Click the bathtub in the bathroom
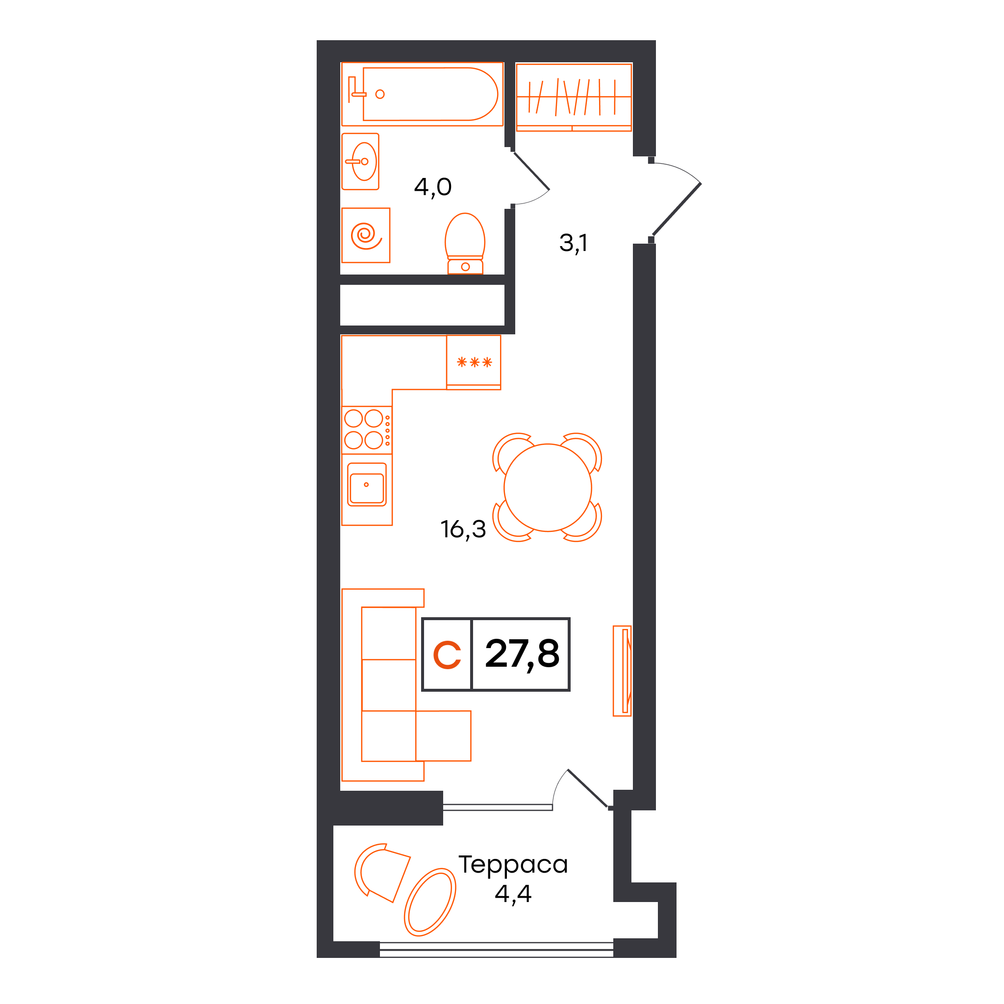[x=422, y=94]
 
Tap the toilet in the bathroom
[x=465, y=243]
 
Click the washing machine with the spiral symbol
[x=366, y=235]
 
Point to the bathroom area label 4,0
[x=433, y=187]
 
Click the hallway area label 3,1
[x=573, y=243]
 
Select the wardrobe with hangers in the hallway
[x=574, y=97]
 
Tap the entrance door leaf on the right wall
[x=677, y=209]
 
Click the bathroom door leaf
[x=531, y=171]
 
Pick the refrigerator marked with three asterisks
[x=474, y=362]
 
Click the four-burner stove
[x=367, y=430]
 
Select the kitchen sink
[x=367, y=484]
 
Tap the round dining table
[x=548, y=487]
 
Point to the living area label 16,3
[x=463, y=529]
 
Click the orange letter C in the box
[x=447, y=655]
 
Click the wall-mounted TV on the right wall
[x=623, y=671]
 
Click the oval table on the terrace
[x=430, y=902]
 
